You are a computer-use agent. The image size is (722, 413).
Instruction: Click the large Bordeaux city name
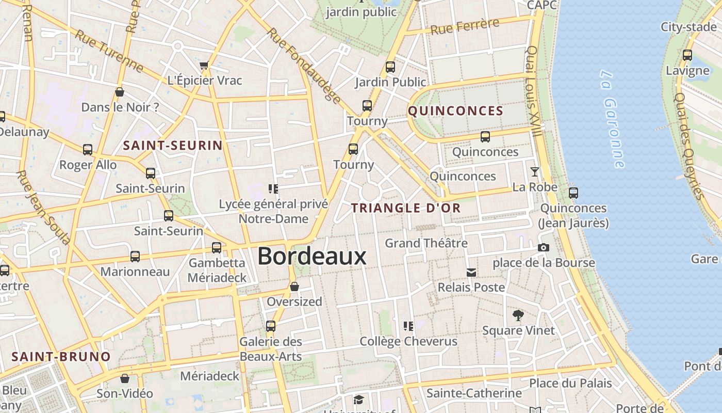[311, 256]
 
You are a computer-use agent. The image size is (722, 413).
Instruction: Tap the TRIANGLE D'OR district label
[406, 208]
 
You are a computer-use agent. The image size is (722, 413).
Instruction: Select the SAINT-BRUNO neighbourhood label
[61, 357]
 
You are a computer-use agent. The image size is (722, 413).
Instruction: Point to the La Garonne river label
[613, 119]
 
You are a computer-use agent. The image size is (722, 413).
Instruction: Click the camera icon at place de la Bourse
[543, 248]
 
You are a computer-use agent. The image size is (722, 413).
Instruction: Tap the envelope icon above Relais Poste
[471, 272]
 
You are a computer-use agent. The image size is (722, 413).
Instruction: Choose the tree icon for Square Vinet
[518, 315]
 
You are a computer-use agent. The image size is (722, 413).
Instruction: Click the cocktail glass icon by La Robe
[534, 172]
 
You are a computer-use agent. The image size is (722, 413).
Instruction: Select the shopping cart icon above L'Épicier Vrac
[204, 66]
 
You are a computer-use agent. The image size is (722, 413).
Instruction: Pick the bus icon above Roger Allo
[88, 150]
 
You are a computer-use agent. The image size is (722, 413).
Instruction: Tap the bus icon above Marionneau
[135, 256]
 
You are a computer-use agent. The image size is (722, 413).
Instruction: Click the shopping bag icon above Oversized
[294, 286]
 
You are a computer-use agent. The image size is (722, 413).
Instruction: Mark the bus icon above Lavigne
[687, 55]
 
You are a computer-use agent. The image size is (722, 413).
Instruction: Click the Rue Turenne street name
[109, 51]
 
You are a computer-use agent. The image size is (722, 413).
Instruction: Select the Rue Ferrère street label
[465, 26]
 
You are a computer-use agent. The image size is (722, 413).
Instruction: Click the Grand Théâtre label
[426, 243]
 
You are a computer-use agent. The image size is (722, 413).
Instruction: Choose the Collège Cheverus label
[408, 341]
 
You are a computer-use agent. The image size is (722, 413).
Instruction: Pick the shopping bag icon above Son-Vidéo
[124, 378]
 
